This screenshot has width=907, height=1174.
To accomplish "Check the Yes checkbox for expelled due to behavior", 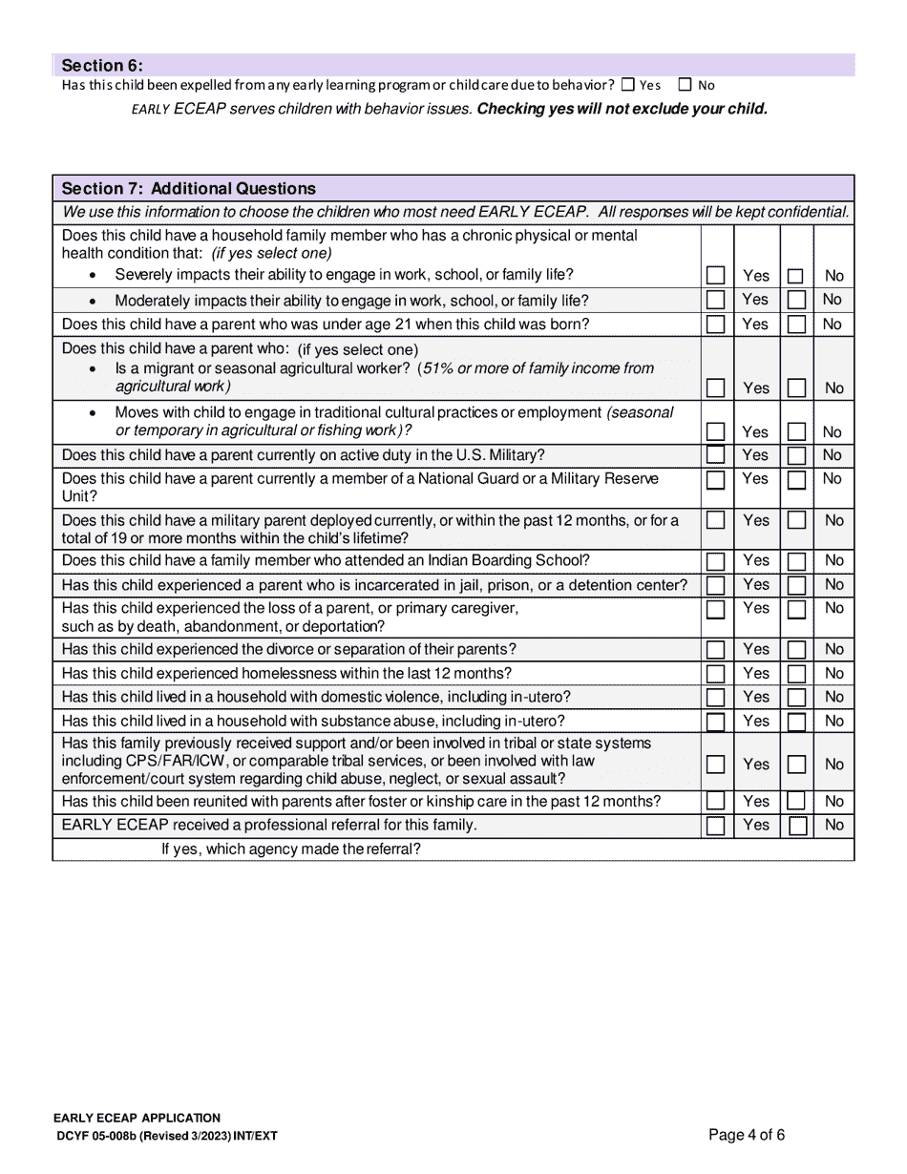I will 627,85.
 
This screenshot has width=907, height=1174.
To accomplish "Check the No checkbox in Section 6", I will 685,85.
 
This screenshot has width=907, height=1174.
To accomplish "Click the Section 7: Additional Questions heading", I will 188,188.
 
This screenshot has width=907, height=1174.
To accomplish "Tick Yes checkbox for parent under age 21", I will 715,325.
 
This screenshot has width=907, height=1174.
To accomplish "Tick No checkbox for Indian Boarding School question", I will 796,561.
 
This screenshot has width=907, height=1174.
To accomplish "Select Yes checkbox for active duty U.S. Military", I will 715,455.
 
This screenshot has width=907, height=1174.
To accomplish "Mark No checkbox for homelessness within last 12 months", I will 796,674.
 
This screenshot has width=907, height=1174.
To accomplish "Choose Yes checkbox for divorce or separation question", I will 715,650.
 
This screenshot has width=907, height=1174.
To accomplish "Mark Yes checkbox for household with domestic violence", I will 715,698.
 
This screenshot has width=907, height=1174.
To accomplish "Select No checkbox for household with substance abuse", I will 796,722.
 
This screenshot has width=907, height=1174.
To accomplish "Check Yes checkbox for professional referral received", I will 715,826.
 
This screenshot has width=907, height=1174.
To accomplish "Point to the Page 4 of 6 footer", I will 747,1135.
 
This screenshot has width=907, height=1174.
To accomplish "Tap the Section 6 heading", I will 102,66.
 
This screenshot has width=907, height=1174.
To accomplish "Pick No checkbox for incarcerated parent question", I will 796,585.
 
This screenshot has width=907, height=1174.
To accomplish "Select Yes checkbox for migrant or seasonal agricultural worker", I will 715,388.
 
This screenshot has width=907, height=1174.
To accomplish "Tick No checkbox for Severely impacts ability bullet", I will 795,276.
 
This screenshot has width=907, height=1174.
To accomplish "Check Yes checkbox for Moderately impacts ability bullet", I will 715,300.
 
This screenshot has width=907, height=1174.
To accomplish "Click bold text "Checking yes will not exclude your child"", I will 622,109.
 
